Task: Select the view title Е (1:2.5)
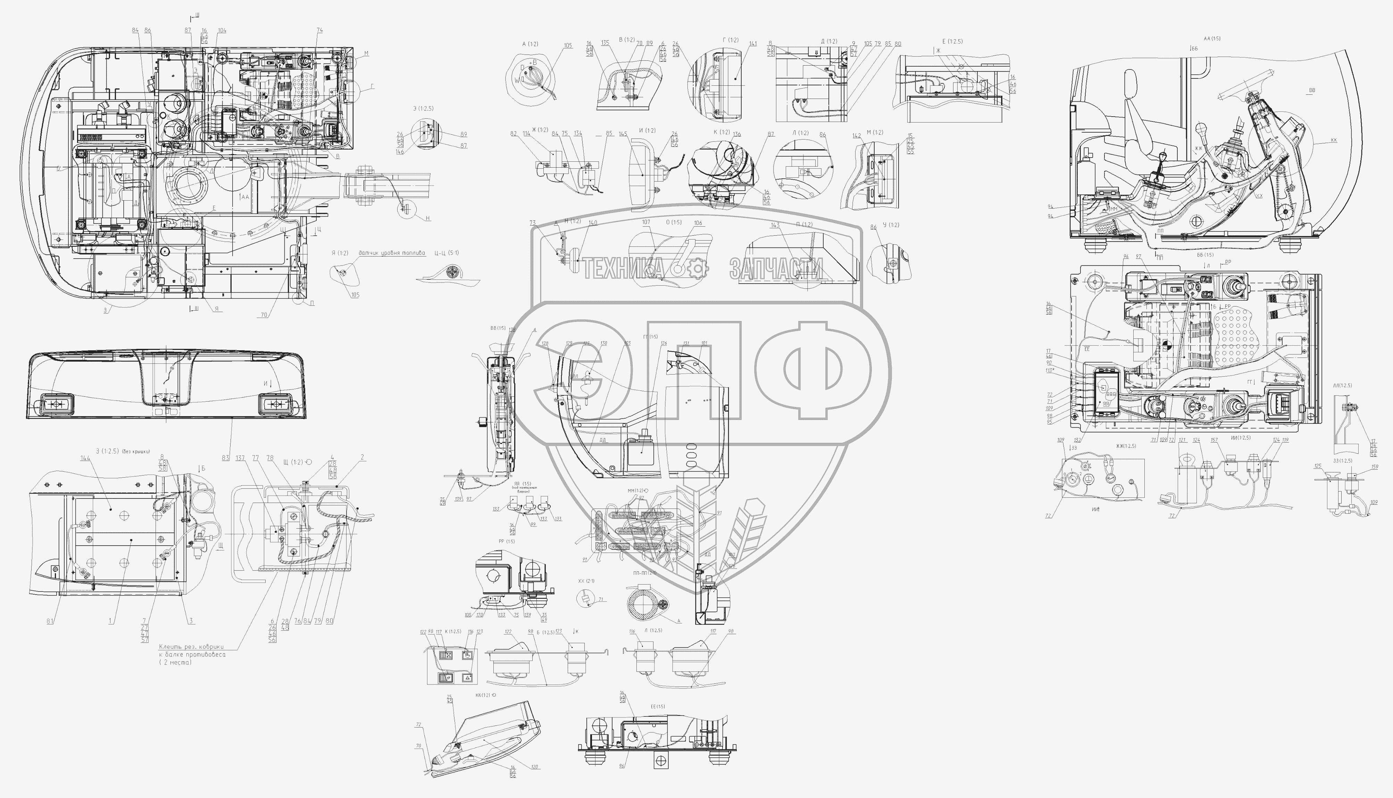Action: click(952, 41)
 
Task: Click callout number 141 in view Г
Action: click(753, 44)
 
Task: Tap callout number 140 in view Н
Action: click(593, 223)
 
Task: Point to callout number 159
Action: click(1374, 467)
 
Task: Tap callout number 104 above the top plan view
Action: click(222, 31)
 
